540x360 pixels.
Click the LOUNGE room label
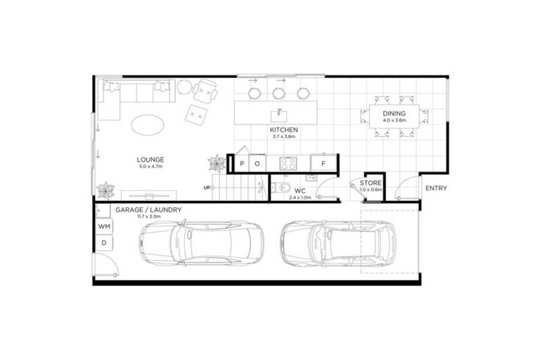point(150,160)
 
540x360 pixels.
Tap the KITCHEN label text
point(284,130)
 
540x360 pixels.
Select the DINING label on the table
point(394,113)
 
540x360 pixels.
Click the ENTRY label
point(436,188)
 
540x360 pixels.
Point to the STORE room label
point(371,183)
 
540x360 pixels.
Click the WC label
point(300,191)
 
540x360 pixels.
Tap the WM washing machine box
point(104,226)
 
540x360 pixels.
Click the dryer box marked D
point(104,243)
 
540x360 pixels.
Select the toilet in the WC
point(281,187)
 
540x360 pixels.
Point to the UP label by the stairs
point(207,187)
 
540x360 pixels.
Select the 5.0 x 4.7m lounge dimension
point(150,167)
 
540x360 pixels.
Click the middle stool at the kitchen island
point(279,93)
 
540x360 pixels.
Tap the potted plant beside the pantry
point(216,164)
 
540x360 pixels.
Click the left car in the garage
point(200,243)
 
